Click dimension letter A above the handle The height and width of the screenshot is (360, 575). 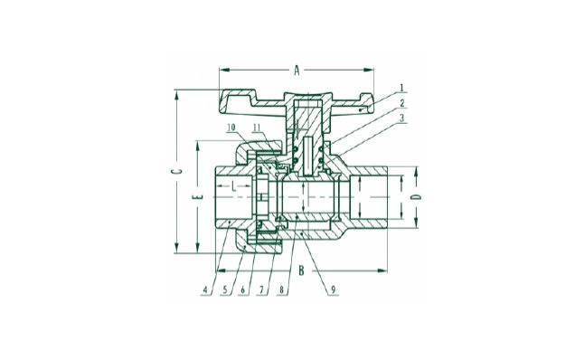[x=297, y=70]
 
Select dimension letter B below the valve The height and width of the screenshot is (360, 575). [x=301, y=270]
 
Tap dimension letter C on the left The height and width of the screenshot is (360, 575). [x=177, y=171]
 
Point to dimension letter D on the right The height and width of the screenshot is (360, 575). [x=416, y=197]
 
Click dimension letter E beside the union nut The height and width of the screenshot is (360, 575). [x=198, y=196]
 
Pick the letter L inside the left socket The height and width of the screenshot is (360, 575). [x=233, y=187]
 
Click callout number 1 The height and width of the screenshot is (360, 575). [x=402, y=88]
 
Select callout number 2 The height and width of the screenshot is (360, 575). [x=402, y=103]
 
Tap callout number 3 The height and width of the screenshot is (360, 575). [x=402, y=118]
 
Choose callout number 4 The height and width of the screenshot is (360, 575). [x=205, y=290]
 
